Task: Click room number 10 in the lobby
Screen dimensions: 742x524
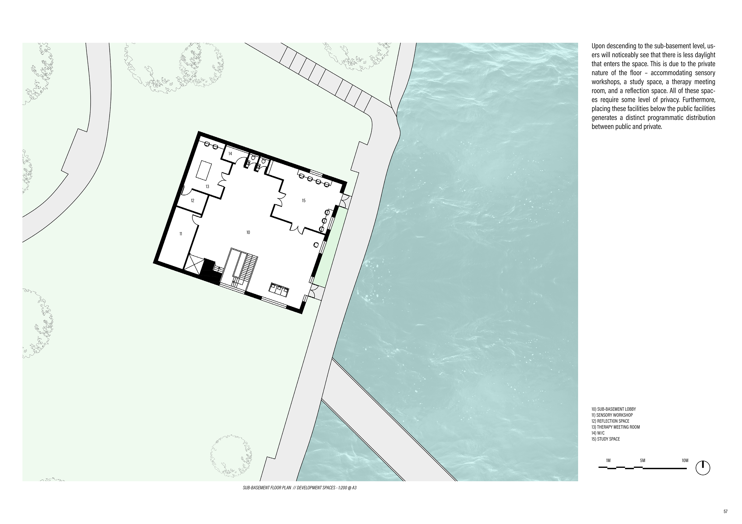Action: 248,232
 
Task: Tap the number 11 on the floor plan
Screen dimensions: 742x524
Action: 181,234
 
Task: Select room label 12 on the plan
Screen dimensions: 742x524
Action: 193,201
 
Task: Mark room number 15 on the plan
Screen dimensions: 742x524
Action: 303,201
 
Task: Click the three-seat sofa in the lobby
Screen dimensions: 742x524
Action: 280,289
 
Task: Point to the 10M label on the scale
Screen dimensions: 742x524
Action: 685,461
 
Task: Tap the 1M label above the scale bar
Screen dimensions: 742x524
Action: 608,461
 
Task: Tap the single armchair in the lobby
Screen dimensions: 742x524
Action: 316,245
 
